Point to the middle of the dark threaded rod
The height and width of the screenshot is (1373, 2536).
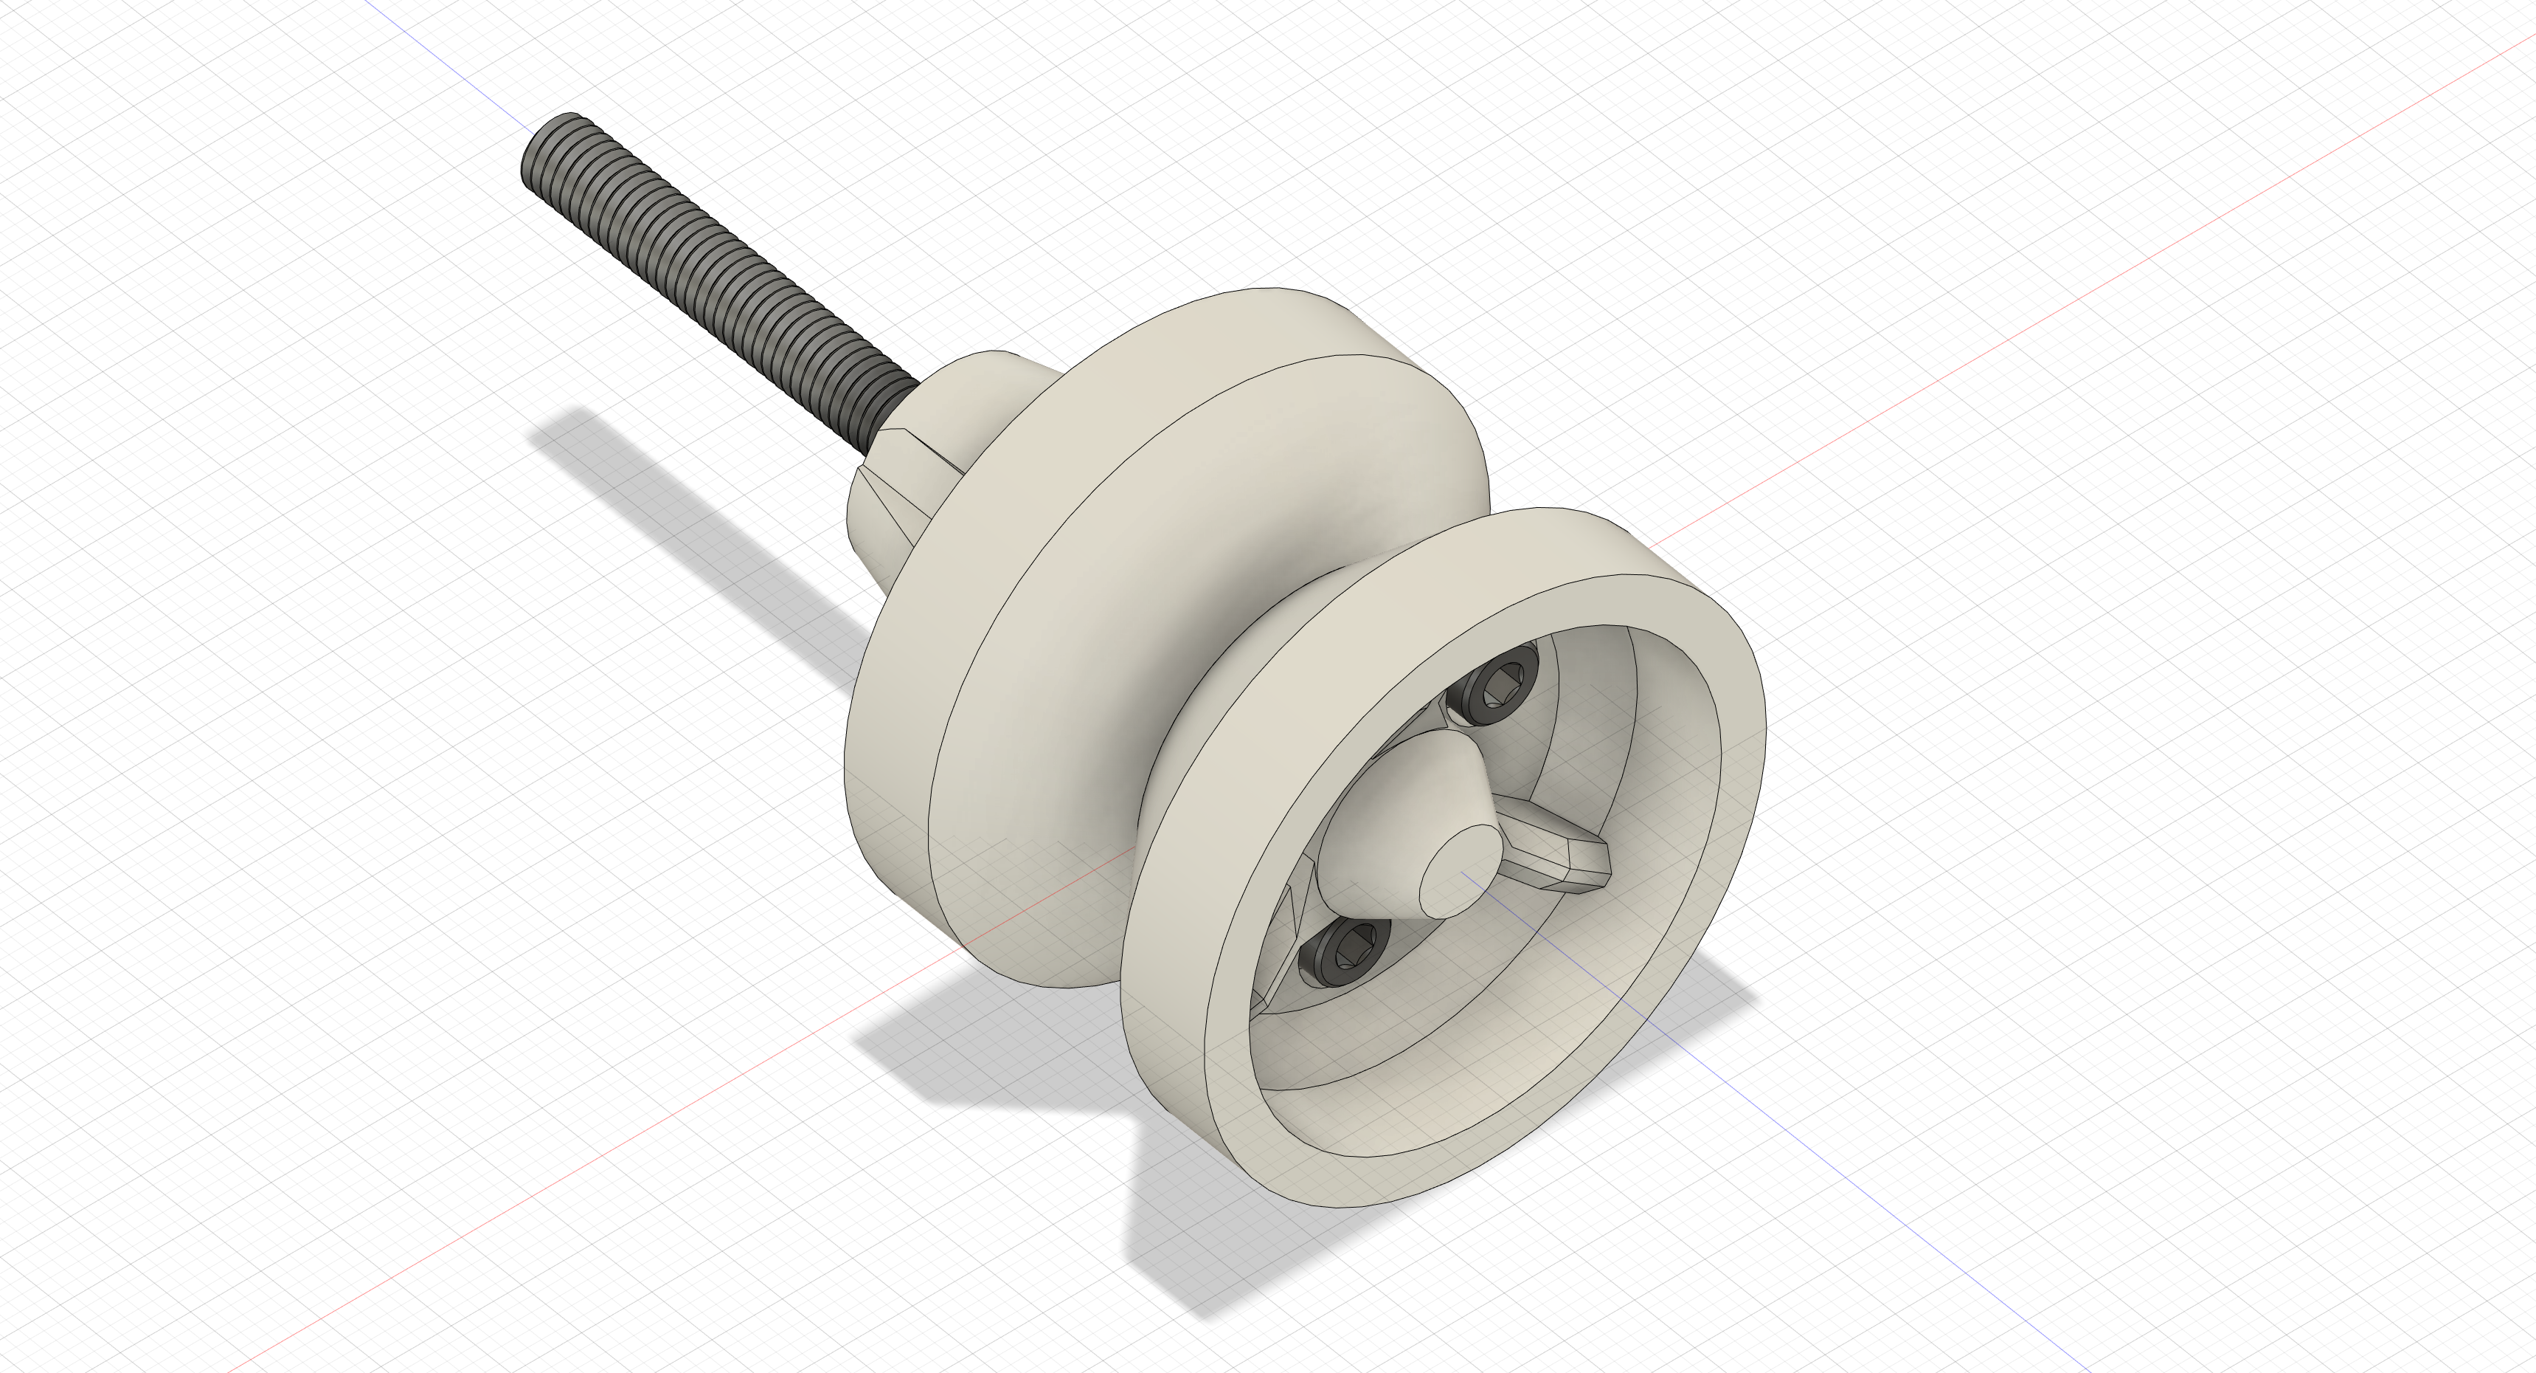pos(718,266)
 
